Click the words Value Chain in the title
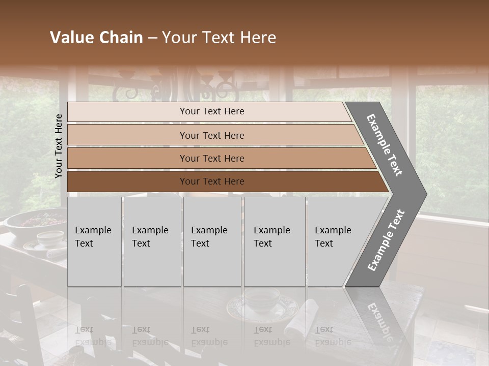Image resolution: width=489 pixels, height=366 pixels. click(96, 38)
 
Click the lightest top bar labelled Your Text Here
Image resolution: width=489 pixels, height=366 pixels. click(212, 111)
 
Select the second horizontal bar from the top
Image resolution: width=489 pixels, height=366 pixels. click(212, 135)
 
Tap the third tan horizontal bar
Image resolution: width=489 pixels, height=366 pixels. click(212, 158)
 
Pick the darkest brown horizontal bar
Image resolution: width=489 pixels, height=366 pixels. click(212, 181)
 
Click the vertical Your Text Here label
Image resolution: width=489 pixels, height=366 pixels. click(59, 146)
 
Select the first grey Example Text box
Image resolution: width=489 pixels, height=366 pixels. click(94, 241)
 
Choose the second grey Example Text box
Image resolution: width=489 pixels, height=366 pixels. click(152, 241)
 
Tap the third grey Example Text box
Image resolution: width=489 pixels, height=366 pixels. click(212, 241)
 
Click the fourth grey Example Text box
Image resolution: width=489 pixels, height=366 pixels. click(275, 241)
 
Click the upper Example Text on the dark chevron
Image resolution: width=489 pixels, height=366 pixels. click(385, 145)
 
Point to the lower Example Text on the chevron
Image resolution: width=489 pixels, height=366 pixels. click(386, 240)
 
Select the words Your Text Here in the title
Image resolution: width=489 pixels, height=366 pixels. click(219, 38)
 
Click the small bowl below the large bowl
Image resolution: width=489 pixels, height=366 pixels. click(50, 238)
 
